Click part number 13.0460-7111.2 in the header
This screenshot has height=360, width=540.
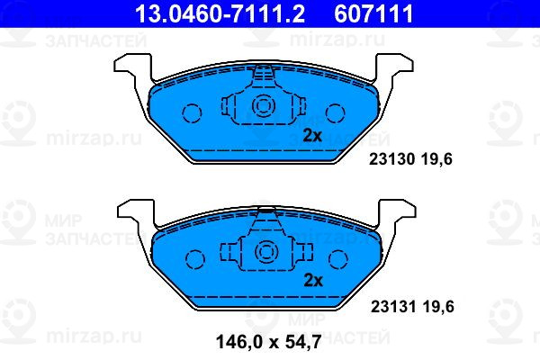(220, 13)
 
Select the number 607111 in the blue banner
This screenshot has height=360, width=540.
(373, 13)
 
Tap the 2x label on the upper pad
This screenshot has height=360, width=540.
(312, 136)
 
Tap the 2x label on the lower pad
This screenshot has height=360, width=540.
(313, 281)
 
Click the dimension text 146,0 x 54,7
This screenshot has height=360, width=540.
(268, 342)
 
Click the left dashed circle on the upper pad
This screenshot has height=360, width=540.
(192, 113)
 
